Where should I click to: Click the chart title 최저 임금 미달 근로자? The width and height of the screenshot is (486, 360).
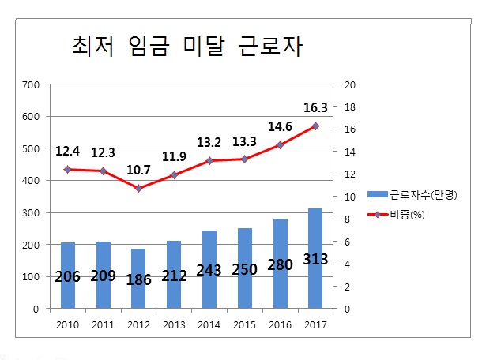pos(187,47)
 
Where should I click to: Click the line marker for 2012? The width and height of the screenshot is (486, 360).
pos(139,189)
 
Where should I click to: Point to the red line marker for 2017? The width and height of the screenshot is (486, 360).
pos(316,126)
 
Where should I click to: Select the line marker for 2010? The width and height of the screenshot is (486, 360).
pos(68,169)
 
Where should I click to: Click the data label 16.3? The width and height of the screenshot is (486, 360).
pos(315,109)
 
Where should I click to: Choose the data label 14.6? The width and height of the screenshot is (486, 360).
pos(281,126)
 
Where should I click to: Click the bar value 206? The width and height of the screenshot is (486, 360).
pos(68,277)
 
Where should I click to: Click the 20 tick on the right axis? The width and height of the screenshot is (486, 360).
pos(352,84)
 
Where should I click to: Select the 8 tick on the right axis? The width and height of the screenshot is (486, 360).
pos(348,219)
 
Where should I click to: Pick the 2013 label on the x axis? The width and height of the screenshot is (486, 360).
pos(174,324)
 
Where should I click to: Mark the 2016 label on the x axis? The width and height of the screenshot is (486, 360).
pos(281,324)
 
